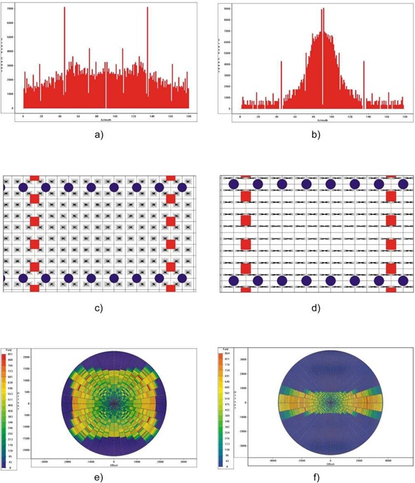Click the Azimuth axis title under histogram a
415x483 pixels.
(x=106, y=119)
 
